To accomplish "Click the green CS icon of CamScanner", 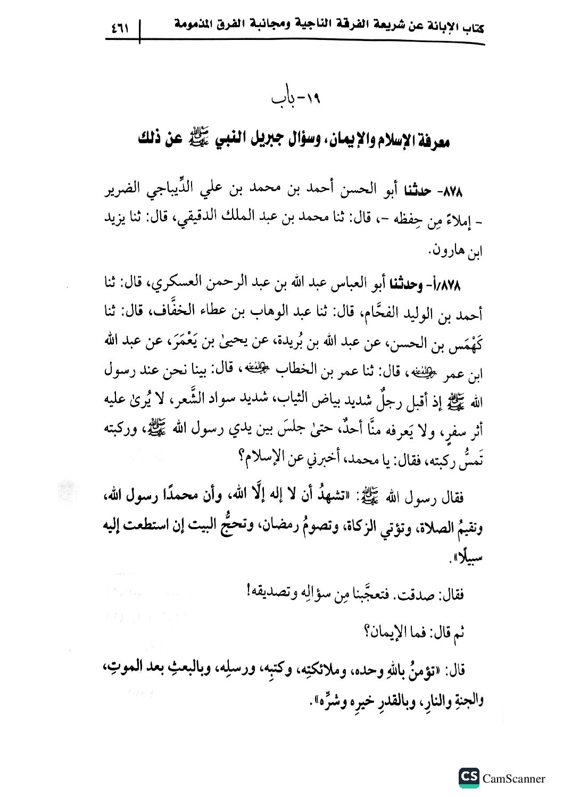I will tap(468, 778).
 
